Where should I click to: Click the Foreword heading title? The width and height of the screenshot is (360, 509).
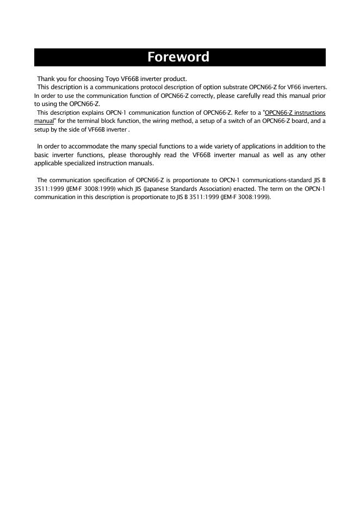click(x=178, y=57)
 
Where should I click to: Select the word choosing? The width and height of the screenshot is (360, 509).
click(x=85, y=79)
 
